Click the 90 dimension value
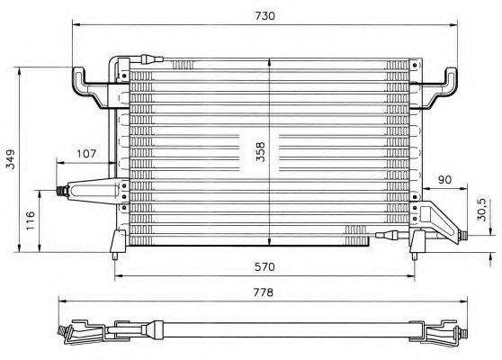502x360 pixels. pos(444,180)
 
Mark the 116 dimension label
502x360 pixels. pos(31,219)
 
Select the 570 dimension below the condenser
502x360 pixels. pos(264,267)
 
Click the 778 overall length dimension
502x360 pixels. pos(264,292)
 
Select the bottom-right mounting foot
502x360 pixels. pos(416,243)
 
